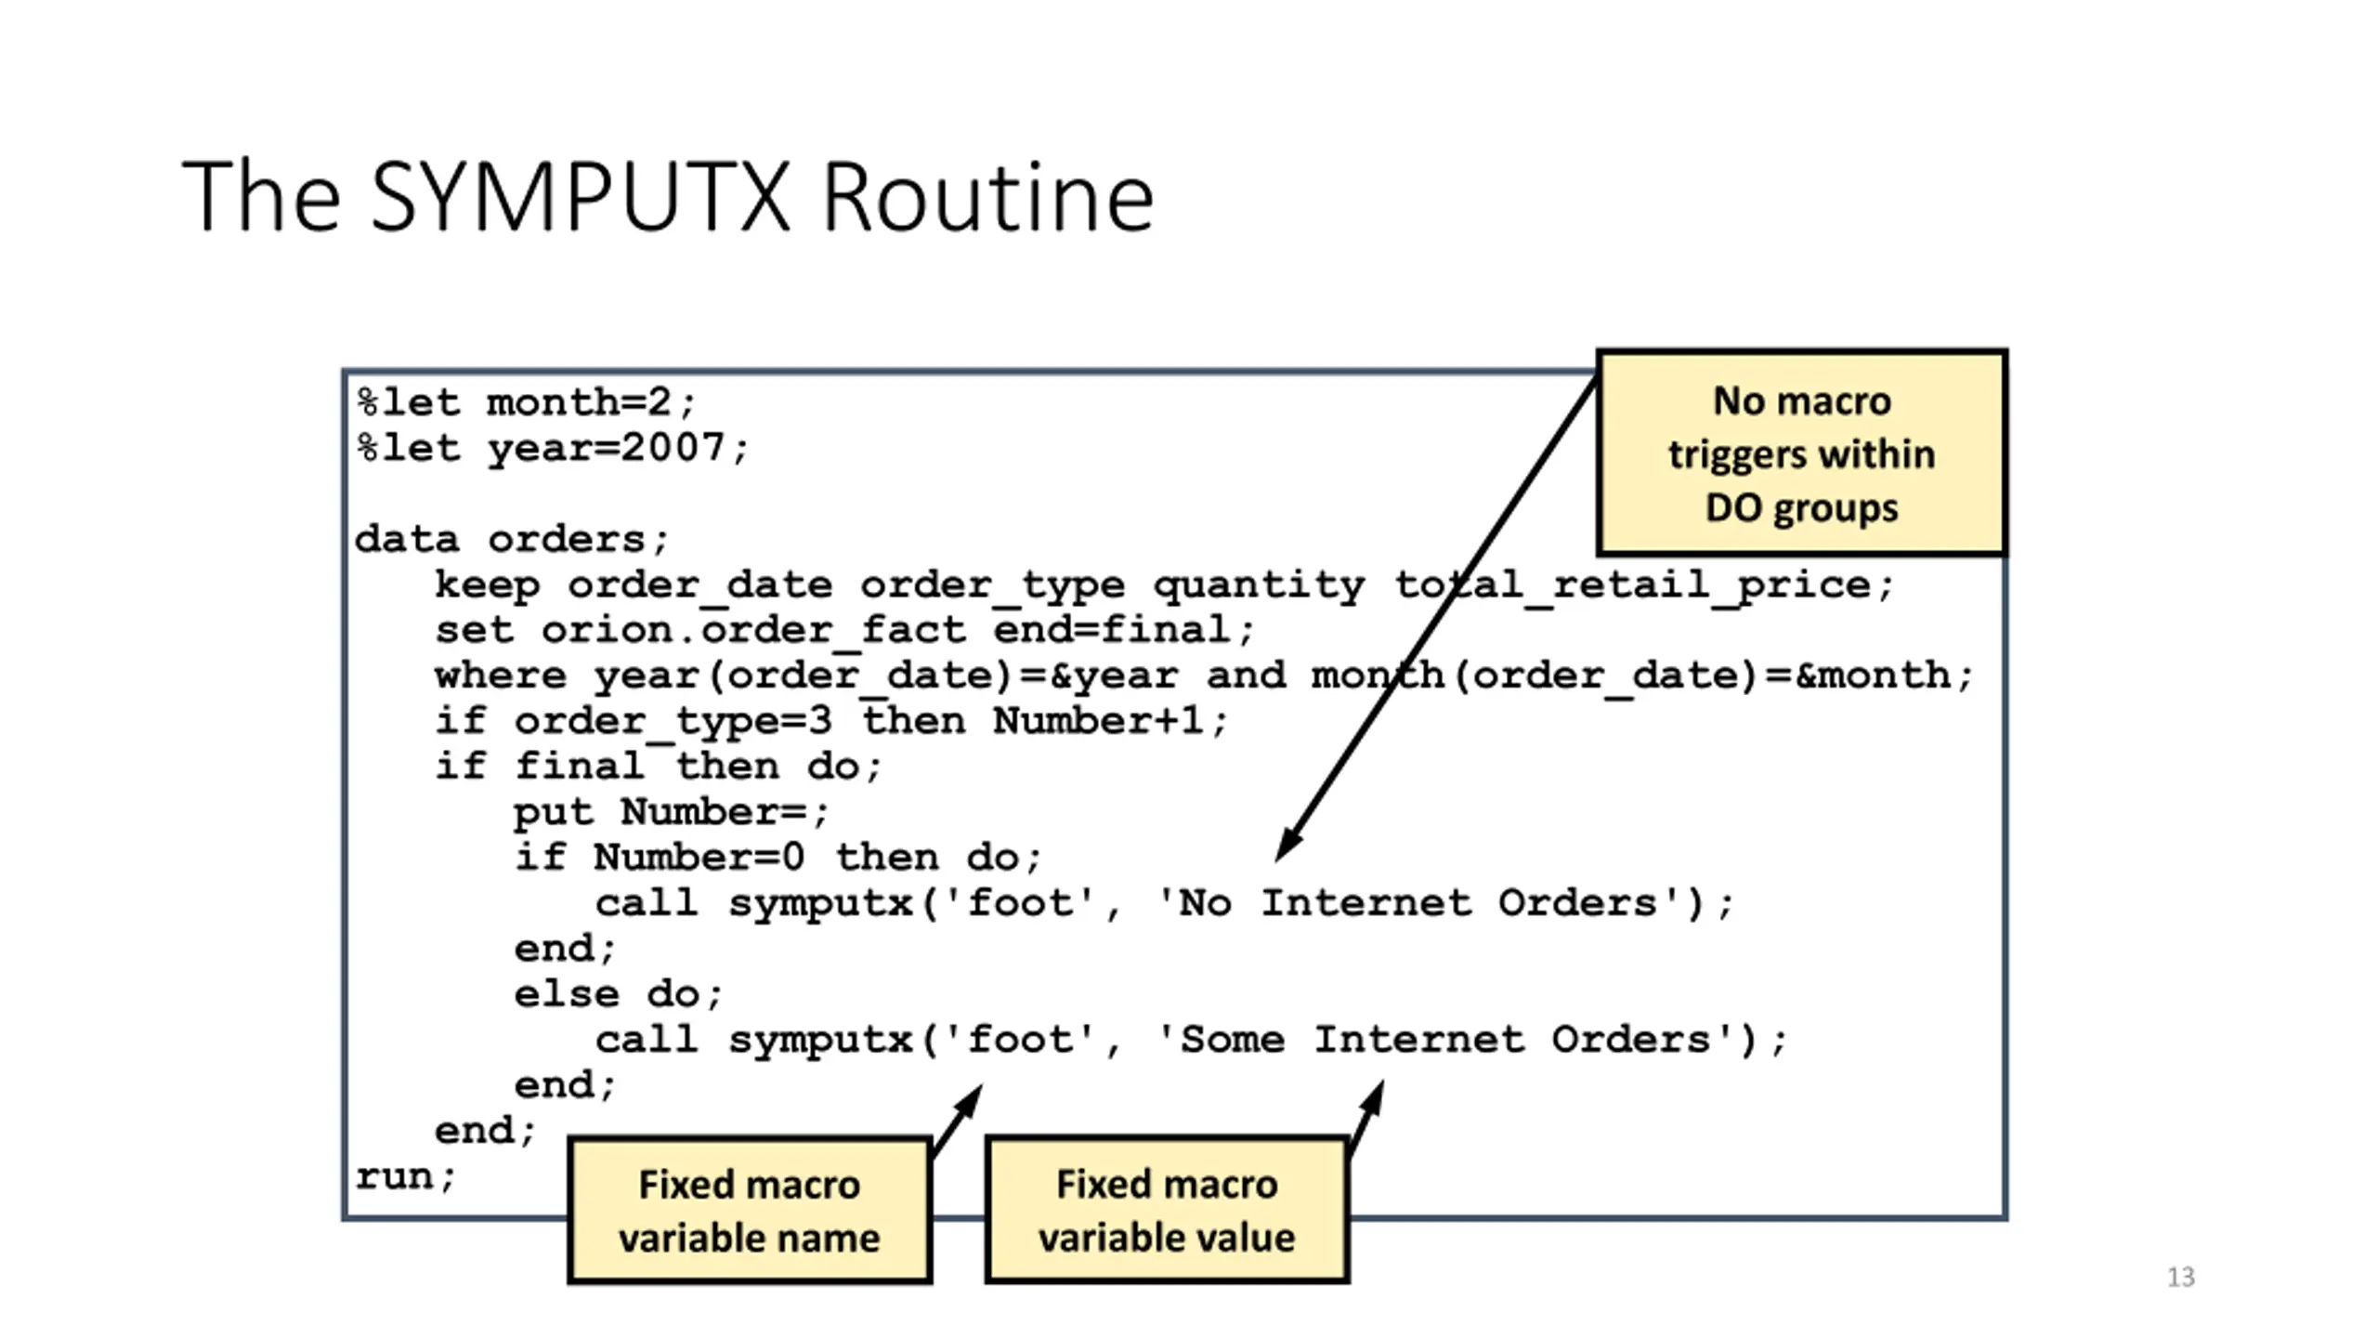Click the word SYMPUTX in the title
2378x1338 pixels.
[x=581, y=197]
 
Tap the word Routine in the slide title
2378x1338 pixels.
[x=988, y=197]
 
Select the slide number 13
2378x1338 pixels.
[x=2181, y=1278]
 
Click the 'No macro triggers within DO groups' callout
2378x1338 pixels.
[x=1801, y=453]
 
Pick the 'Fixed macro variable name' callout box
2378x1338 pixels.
[x=750, y=1211]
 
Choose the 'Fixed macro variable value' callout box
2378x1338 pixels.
[x=1167, y=1211]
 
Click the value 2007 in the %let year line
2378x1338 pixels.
[x=673, y=448]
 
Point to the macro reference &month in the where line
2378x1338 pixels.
[x=1874, y=676]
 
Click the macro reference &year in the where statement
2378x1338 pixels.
[x=1114, y=676]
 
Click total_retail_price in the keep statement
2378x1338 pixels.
[x=1632, y=585]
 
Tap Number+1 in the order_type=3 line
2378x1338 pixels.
[x=1098, y=721]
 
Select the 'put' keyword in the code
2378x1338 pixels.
[x=554, y=813]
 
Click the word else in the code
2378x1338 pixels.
[x=567, y=994]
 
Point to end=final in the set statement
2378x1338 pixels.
[x=1113, y=630]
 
